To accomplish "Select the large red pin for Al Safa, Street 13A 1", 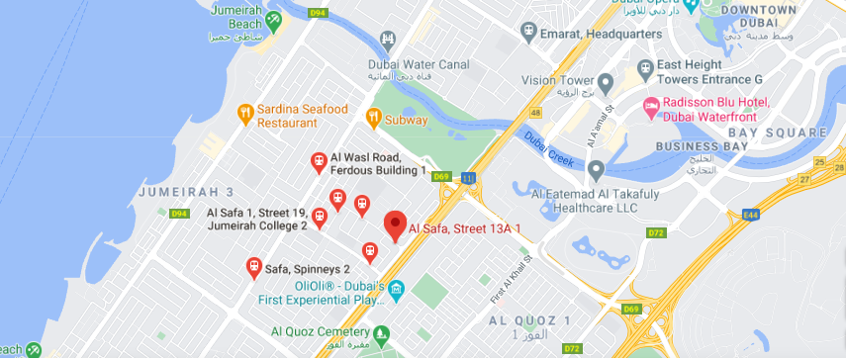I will point(395,225).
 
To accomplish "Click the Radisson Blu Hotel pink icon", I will point(652,107).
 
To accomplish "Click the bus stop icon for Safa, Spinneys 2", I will point(253,268).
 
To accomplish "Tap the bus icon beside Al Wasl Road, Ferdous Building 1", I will point(319,161).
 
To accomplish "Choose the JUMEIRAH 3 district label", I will point(186,191).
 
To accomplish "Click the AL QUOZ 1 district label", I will point(529,321).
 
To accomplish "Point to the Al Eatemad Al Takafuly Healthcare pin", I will point(596,170).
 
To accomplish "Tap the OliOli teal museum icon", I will point(396,291).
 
